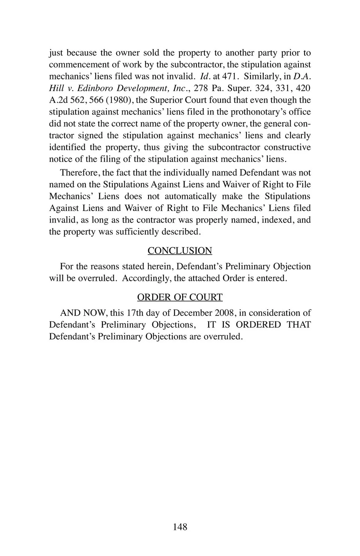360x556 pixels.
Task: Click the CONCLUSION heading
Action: point(180,251)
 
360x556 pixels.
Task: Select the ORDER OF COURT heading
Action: point(180,297)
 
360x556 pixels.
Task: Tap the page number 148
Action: point(180,527)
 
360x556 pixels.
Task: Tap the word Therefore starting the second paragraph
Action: point(79,173)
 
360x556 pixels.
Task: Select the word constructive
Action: point(287,147)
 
